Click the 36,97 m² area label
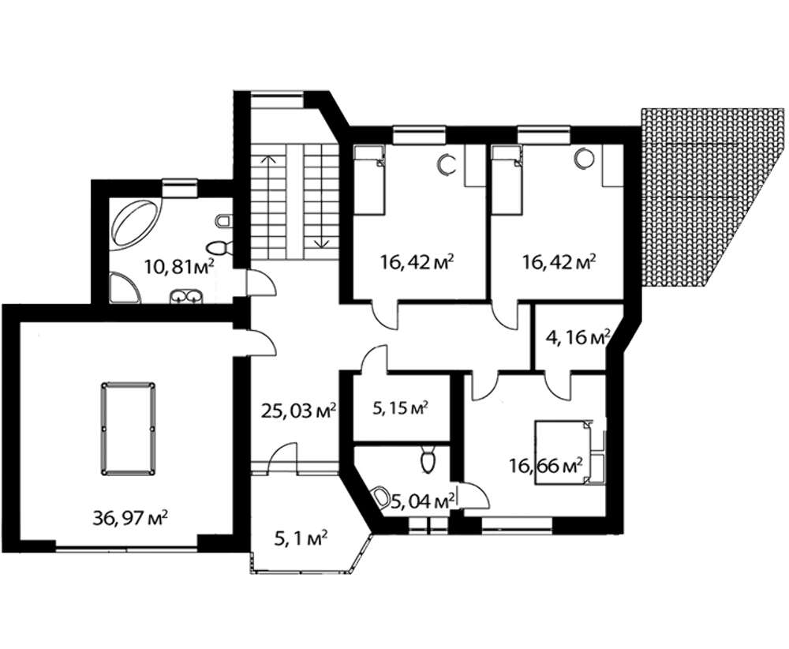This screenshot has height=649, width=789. (130, 518)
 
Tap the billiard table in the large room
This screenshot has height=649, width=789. (128, 429)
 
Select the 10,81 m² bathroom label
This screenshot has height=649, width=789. (180, 266)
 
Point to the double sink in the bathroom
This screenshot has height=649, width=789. (185, 297)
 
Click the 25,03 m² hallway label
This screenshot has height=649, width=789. (299, 411)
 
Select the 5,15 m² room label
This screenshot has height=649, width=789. (400, 408)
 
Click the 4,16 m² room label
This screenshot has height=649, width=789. (578, 337)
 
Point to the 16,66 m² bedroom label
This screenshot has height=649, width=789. (545, 467)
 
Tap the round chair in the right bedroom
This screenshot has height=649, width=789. (585, 157)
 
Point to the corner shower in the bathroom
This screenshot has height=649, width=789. (123, 288)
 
